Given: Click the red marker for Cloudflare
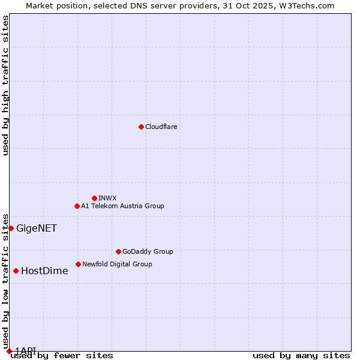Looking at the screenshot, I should click(141, 127).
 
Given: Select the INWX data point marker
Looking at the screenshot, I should click(94, 198).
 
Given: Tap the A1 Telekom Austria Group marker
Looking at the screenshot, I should click(77, 206).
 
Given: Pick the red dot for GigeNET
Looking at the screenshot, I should click(11, 228).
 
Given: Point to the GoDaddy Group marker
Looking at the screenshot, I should click(118, 251).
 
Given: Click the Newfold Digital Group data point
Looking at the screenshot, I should click(78, 264).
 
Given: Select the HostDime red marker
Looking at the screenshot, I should click(16, 271).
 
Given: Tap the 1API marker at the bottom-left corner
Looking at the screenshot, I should click(9, 351).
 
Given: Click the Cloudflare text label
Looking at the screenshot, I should click(161, 127).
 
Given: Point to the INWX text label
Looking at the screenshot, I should click(107, 198).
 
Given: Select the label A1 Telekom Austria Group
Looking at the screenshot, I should click(122, 206).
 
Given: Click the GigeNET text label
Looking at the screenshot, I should click(36, 228).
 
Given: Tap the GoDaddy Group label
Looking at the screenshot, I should click(148, 251).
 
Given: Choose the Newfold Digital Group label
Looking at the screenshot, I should click(117, 264).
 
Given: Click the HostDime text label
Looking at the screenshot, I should click(44, 271).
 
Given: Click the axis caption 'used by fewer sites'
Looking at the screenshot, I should click(62, 356).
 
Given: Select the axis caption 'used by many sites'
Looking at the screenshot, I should click(301, 356).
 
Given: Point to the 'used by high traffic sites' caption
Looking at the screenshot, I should click(5, 85).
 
